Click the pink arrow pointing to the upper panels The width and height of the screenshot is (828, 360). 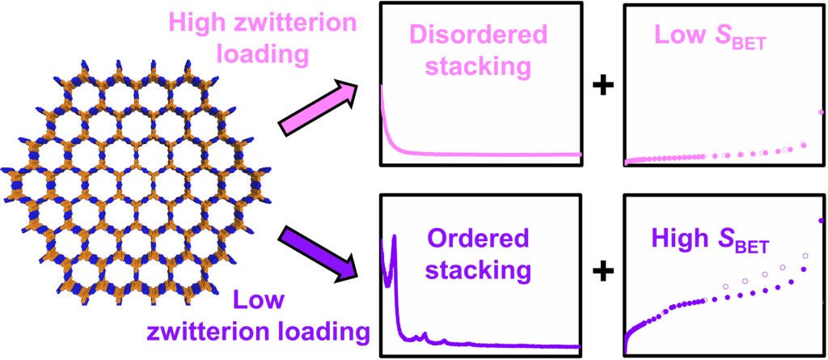317,104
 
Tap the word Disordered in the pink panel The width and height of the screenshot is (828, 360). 479,35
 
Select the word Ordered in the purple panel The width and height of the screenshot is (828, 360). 478,239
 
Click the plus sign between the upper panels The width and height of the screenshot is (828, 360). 602,85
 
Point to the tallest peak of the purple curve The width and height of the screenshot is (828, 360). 395,237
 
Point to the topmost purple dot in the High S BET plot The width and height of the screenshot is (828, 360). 820,220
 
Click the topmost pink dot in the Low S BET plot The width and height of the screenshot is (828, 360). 821,112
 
